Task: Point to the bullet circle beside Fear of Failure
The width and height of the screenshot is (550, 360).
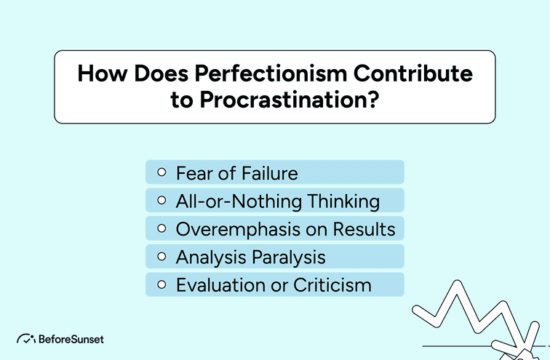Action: pyautogui.click(x=162, y=173)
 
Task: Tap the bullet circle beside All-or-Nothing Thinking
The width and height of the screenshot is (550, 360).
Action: pyautogui.click(x=162, y=201)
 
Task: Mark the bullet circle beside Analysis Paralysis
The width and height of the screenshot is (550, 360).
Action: pyautogui.click(x=162, y=257)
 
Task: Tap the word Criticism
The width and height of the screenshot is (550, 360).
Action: pyautogui.click(x=332, y=284)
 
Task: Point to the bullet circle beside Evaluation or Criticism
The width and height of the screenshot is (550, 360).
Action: pyautogui.click(x=162, y=284)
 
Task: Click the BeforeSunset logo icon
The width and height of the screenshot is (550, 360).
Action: pyautogui.click(x=26, y=339)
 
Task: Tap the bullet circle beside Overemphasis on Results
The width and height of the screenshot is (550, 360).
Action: pyautogui.click(x=162, y=228)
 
